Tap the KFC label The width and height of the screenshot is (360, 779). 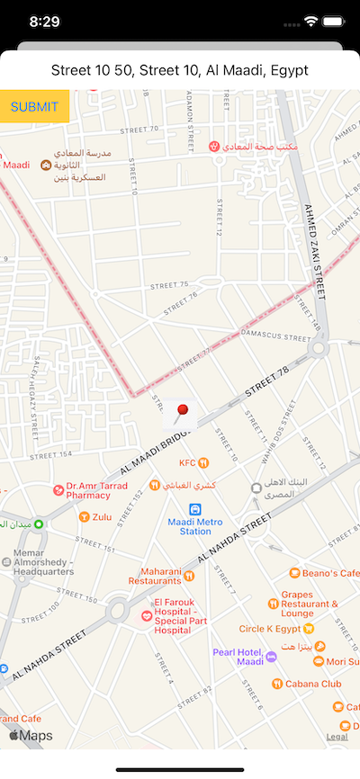tap(187, 462)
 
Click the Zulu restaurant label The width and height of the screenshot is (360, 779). tap(102, 516)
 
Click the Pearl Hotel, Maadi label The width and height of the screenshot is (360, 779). tap(238, 657)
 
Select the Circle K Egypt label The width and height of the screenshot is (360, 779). tap(270, 629)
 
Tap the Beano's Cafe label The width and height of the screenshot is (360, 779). tap(331, 573)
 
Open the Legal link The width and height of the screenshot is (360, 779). tap(337, 737)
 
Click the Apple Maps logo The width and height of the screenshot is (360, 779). tap(31, 736)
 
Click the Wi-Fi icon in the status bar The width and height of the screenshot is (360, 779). tap(311, 20)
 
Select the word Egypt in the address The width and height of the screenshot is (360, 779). tap(290, 70)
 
